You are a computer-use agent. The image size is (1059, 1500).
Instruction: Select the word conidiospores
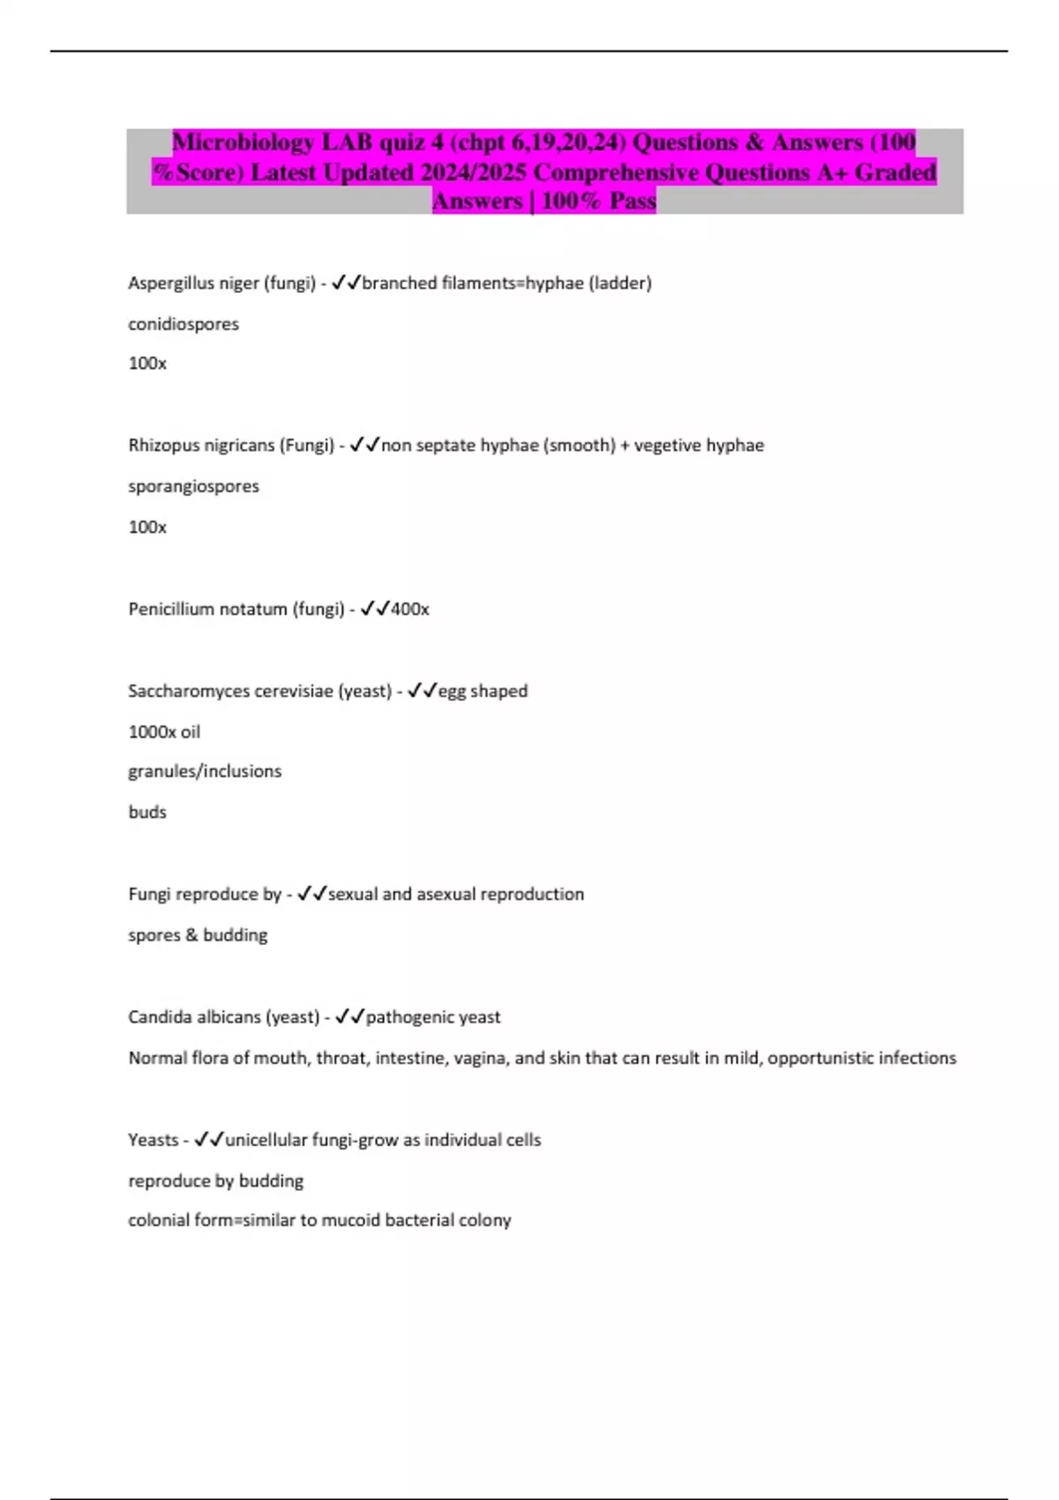tap(184, 324)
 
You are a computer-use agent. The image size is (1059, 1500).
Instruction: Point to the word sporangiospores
tap(193, 486)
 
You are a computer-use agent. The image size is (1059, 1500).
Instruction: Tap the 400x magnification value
tap(410, 609)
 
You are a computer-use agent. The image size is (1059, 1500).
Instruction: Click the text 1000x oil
tap(164, 731)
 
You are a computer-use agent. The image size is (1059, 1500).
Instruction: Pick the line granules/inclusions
tap(205, 771)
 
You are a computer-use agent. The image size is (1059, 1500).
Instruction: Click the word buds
tap(147, 812)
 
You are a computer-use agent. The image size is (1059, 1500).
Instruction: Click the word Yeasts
tap(153, 1140)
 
